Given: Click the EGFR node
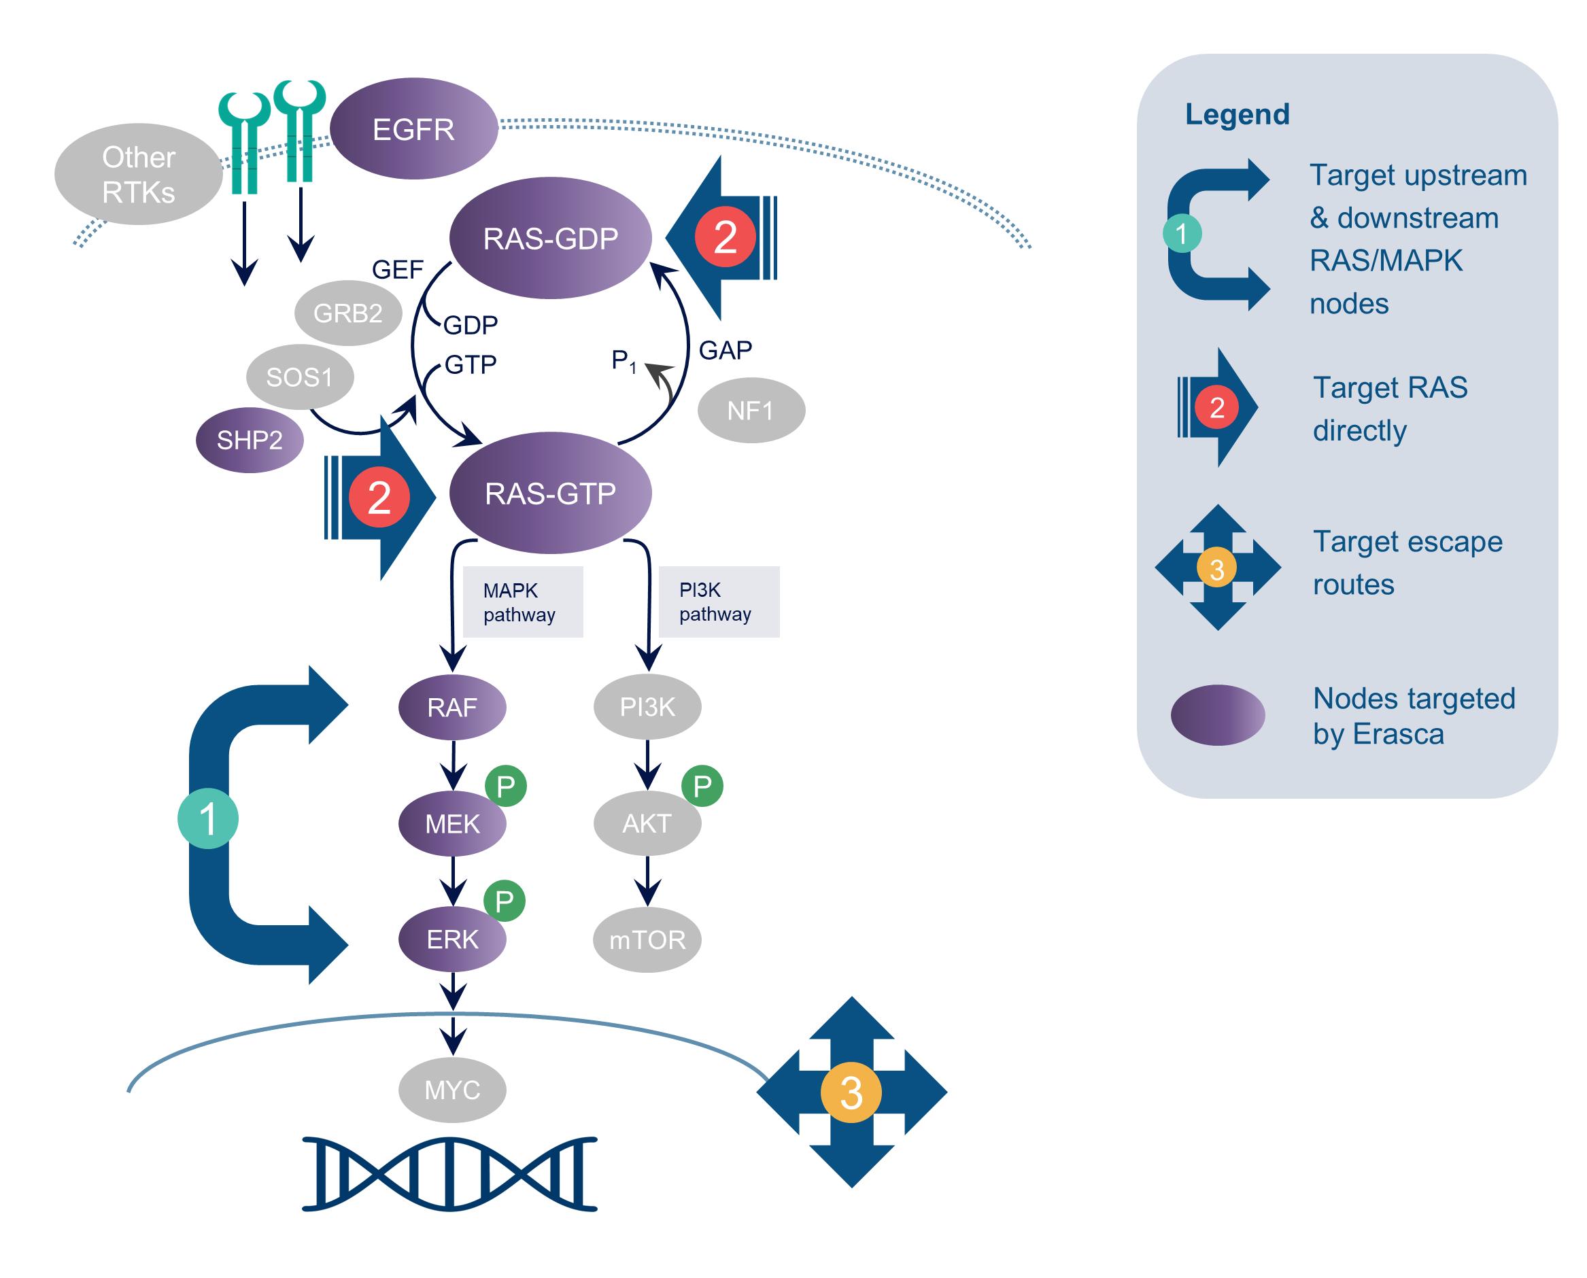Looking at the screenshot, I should [414, 129].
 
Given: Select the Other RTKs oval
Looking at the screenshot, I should [139, 175].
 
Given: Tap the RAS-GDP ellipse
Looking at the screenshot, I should [550, 238].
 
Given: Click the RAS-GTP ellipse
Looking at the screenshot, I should [550, 492].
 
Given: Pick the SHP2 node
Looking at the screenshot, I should [249, 441].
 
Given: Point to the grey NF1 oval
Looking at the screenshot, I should [751, 410].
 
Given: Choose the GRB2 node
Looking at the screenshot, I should [347, 313].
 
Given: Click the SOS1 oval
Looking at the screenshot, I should [299, 377].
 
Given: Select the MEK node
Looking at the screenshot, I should [451, 823].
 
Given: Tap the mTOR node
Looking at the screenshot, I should [647, 939].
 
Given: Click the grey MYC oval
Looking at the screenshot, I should [451, 1090].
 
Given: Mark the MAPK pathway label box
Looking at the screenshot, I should [522, 602].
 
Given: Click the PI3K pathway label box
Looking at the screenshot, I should [718, 602].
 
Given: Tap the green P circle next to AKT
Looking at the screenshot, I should [702, 787].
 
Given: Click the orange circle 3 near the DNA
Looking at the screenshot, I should [851, 1092].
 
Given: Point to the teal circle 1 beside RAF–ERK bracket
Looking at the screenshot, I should [207, 818].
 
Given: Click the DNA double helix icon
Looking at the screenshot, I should [449, 1173].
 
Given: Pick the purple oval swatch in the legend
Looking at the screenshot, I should [1217, 715].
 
